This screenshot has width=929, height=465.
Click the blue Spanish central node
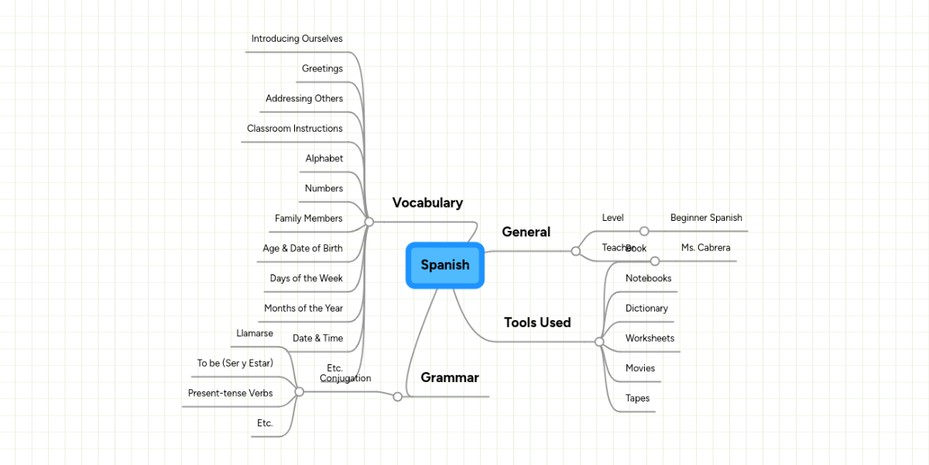445,265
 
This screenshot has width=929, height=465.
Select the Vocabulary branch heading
427,203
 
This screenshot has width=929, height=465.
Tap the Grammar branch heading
449,378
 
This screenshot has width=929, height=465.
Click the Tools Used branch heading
537,322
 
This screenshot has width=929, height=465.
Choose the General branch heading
526,232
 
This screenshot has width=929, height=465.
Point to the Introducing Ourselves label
297,39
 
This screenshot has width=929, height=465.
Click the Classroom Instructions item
294,129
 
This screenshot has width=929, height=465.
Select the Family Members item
308,219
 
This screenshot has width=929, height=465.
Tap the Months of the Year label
303,308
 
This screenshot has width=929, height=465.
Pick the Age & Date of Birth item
302,249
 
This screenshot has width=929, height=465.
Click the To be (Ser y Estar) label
235,363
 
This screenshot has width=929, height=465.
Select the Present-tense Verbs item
230,394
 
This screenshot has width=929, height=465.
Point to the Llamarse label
254,333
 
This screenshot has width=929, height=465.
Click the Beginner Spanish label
706,218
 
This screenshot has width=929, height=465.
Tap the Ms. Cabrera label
705,248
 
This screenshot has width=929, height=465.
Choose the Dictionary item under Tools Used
646,308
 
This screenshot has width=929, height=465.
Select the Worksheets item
650,339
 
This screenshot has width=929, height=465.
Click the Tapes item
637,398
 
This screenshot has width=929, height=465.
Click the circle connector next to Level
644,231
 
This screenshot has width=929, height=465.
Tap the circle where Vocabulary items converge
369,222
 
